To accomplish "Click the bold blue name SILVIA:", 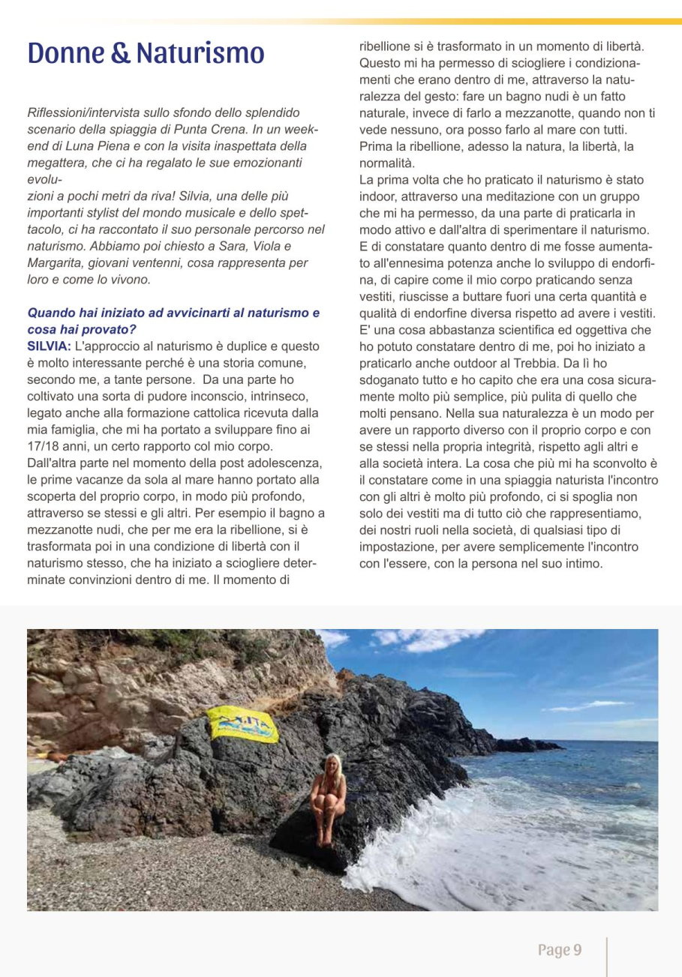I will [49, 346].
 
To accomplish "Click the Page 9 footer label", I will [559, 950].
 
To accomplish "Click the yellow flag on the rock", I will [242, 724].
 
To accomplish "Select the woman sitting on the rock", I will [328, 799].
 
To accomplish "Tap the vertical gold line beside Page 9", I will [606, 956].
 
